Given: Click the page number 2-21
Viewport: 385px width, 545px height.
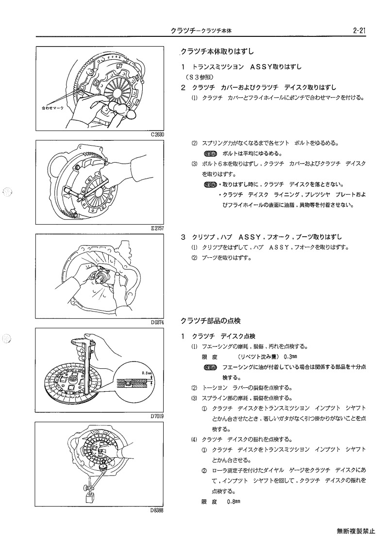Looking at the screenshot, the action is (x=359, y=31).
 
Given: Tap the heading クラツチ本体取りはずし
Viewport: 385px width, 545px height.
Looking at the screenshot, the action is (x=217, y=52).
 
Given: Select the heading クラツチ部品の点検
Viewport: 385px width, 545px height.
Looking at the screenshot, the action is (x=210, y=320).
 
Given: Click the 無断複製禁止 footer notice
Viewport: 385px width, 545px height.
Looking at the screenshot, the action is (x=356, y=531).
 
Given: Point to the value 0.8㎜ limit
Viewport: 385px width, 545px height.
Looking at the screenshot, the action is (x=234, y=501).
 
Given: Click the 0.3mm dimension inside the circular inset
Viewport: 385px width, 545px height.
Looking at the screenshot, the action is (x=147, y=373).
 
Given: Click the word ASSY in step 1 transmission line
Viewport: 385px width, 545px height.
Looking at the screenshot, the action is (x=261, y=67).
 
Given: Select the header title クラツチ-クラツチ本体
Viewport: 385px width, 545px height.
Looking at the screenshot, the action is (x=201, y=31).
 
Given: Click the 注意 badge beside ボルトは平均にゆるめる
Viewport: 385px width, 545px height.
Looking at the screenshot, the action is (x=210, y=154).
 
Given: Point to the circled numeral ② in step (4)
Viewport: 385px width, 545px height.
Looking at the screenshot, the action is (x=204, y=471).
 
